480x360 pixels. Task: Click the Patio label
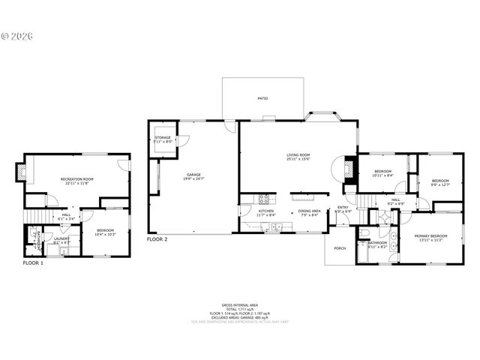coord(262,98)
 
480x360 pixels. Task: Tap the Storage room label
coord(163,138)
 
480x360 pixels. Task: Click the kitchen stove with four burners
coord(264,199)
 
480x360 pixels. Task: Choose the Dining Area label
coord(310,211)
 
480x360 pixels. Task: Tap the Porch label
coord(340,247)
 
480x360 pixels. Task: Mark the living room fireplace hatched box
coord(349,169)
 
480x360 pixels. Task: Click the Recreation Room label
coord(76,178)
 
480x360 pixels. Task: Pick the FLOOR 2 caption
coord(157,239)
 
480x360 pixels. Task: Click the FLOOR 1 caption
coord(33,263)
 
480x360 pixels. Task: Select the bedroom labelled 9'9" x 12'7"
coord(439,184)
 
